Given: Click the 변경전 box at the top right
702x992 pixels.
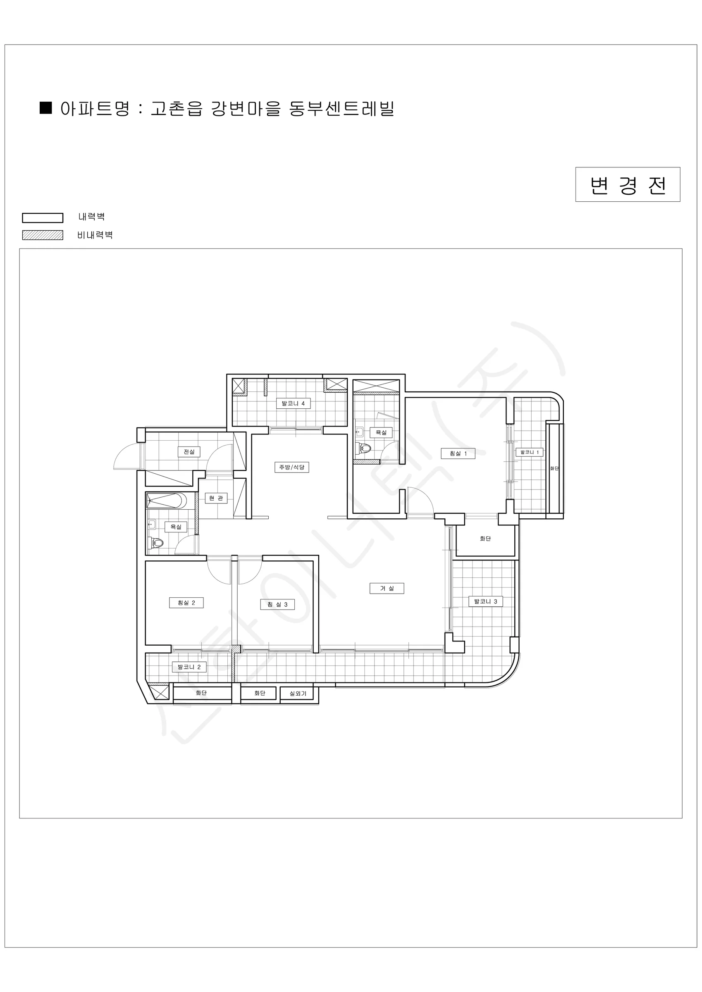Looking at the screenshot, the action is click(x=627, y=184).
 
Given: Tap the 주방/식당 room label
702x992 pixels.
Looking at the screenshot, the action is click(x=292, y=467).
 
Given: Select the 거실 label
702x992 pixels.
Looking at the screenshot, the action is click(x=387, y=588).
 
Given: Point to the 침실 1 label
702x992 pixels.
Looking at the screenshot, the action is click(x=458, y=453).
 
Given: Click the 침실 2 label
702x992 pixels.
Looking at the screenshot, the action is click(x=186, y=603).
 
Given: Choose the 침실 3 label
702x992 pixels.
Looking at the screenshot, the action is click(x=277, y=604).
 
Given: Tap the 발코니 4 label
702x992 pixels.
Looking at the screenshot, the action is click(x=293, y=403).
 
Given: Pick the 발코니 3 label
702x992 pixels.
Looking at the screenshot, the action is click(x=486, y=601).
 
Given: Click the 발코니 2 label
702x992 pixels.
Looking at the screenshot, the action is click(x=189, y=667).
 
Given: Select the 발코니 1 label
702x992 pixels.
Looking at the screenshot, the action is click(x=530, y=452).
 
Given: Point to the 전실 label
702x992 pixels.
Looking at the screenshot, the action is click(x=189, y=452).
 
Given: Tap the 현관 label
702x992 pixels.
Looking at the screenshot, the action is click(x=216, y=498).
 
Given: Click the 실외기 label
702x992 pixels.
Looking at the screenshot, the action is click(x=298, y=694).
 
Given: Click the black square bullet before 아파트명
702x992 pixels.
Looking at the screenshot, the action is click(x=46, y=108).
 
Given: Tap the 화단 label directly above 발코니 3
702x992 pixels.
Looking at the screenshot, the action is click(x=485, y=539).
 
